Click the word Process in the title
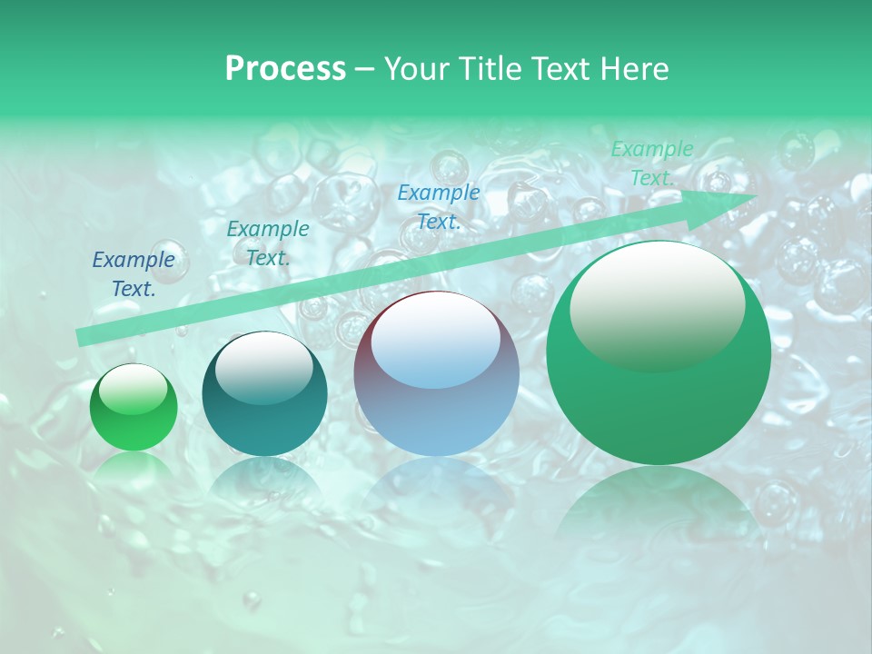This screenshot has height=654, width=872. [x=285, y=69]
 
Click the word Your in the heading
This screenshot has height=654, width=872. [x=418, y=69]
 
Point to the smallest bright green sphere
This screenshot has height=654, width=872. [x=134, y=408]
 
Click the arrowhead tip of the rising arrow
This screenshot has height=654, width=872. [x=756, y=195]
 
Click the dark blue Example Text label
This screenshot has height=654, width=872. [x=134, y=274]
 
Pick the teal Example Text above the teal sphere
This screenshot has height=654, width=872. [x=268, y=243]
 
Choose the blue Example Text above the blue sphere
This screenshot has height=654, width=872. [x=439, y=206]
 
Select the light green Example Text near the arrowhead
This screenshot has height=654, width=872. [x=651, y=163]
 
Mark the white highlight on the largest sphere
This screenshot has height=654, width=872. [x=657, y=304]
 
